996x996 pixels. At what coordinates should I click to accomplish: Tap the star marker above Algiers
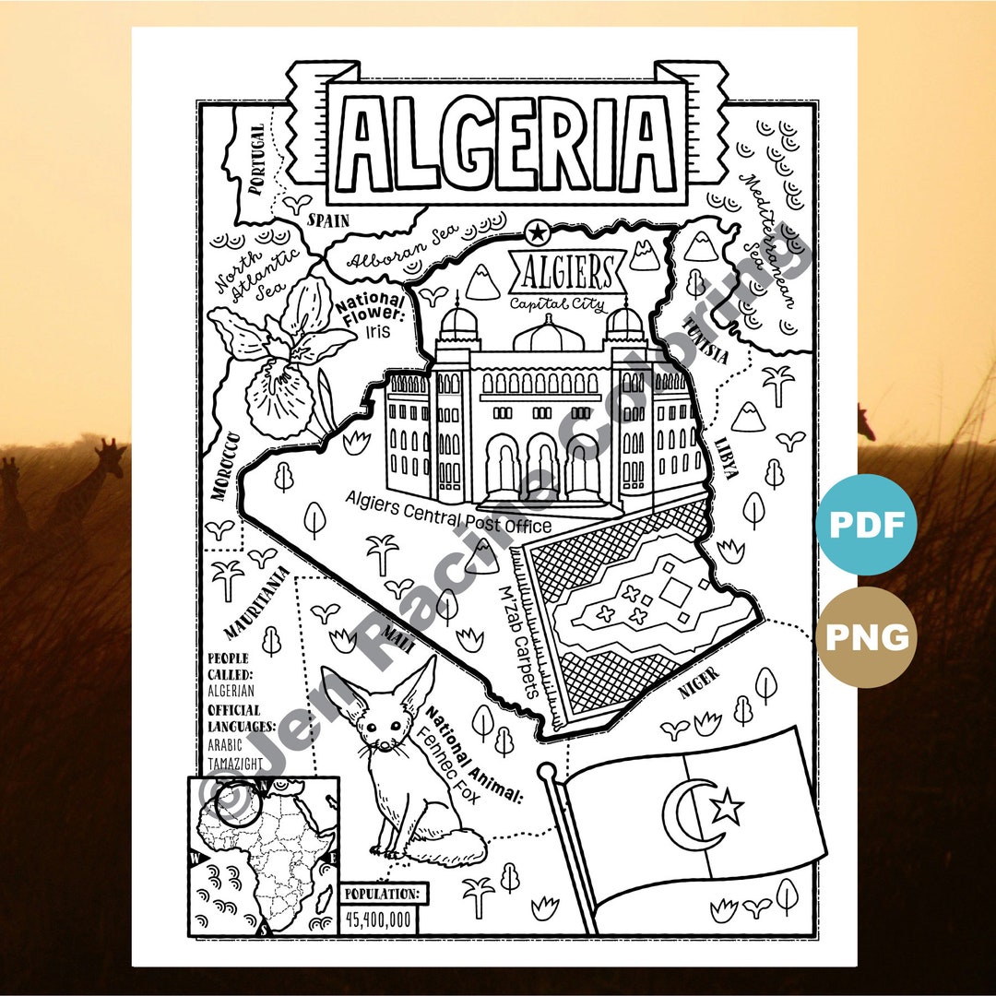[535, 231]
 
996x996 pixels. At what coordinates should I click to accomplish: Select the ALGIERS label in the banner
[567, 274]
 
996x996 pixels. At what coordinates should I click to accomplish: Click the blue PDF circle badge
[866, 525]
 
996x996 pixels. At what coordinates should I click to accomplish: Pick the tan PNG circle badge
[866, 636]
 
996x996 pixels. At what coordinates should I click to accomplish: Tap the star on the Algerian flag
[728, 808]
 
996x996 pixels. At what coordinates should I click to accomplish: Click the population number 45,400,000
[379, 919]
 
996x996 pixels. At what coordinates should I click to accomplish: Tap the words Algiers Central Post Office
[448, 513]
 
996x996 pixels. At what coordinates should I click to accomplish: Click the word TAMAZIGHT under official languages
[234, 763]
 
